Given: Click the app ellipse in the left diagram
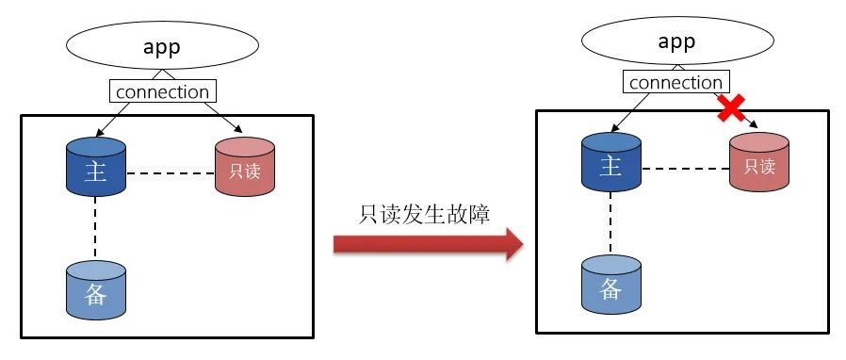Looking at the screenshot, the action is click(x=162, y=45).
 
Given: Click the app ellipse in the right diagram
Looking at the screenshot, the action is click(x=677, y=41).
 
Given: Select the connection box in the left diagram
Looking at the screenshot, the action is click(x=162, y=91).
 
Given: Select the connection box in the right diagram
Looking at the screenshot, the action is click(x=676, y=82).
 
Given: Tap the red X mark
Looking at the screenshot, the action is click(x=730, y=107).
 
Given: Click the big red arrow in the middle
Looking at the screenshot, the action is click(x=429, y=244).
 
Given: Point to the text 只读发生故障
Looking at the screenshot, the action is click(x=424, y=214).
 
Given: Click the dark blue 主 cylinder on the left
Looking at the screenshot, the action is click(x=96, y=167).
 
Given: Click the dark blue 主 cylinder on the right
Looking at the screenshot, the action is click(x=611, y=162).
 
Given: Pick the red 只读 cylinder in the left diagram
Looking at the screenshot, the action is click(x=245, y=167).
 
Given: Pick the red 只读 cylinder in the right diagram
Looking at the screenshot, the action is click(x=759, y=162).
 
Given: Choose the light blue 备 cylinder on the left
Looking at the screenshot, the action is click(x=96, y=290).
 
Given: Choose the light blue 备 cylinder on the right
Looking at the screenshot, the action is click(x=611, y=285).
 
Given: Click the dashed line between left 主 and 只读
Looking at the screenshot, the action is click(x=171, y=173).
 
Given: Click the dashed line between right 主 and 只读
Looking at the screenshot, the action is click(x=685, y=169).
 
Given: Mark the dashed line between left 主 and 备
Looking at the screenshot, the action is click(x=95, y=228).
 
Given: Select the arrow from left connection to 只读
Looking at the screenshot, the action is click(x=223, y=117).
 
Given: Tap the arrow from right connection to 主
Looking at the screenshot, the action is click(x=629, y=112).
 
